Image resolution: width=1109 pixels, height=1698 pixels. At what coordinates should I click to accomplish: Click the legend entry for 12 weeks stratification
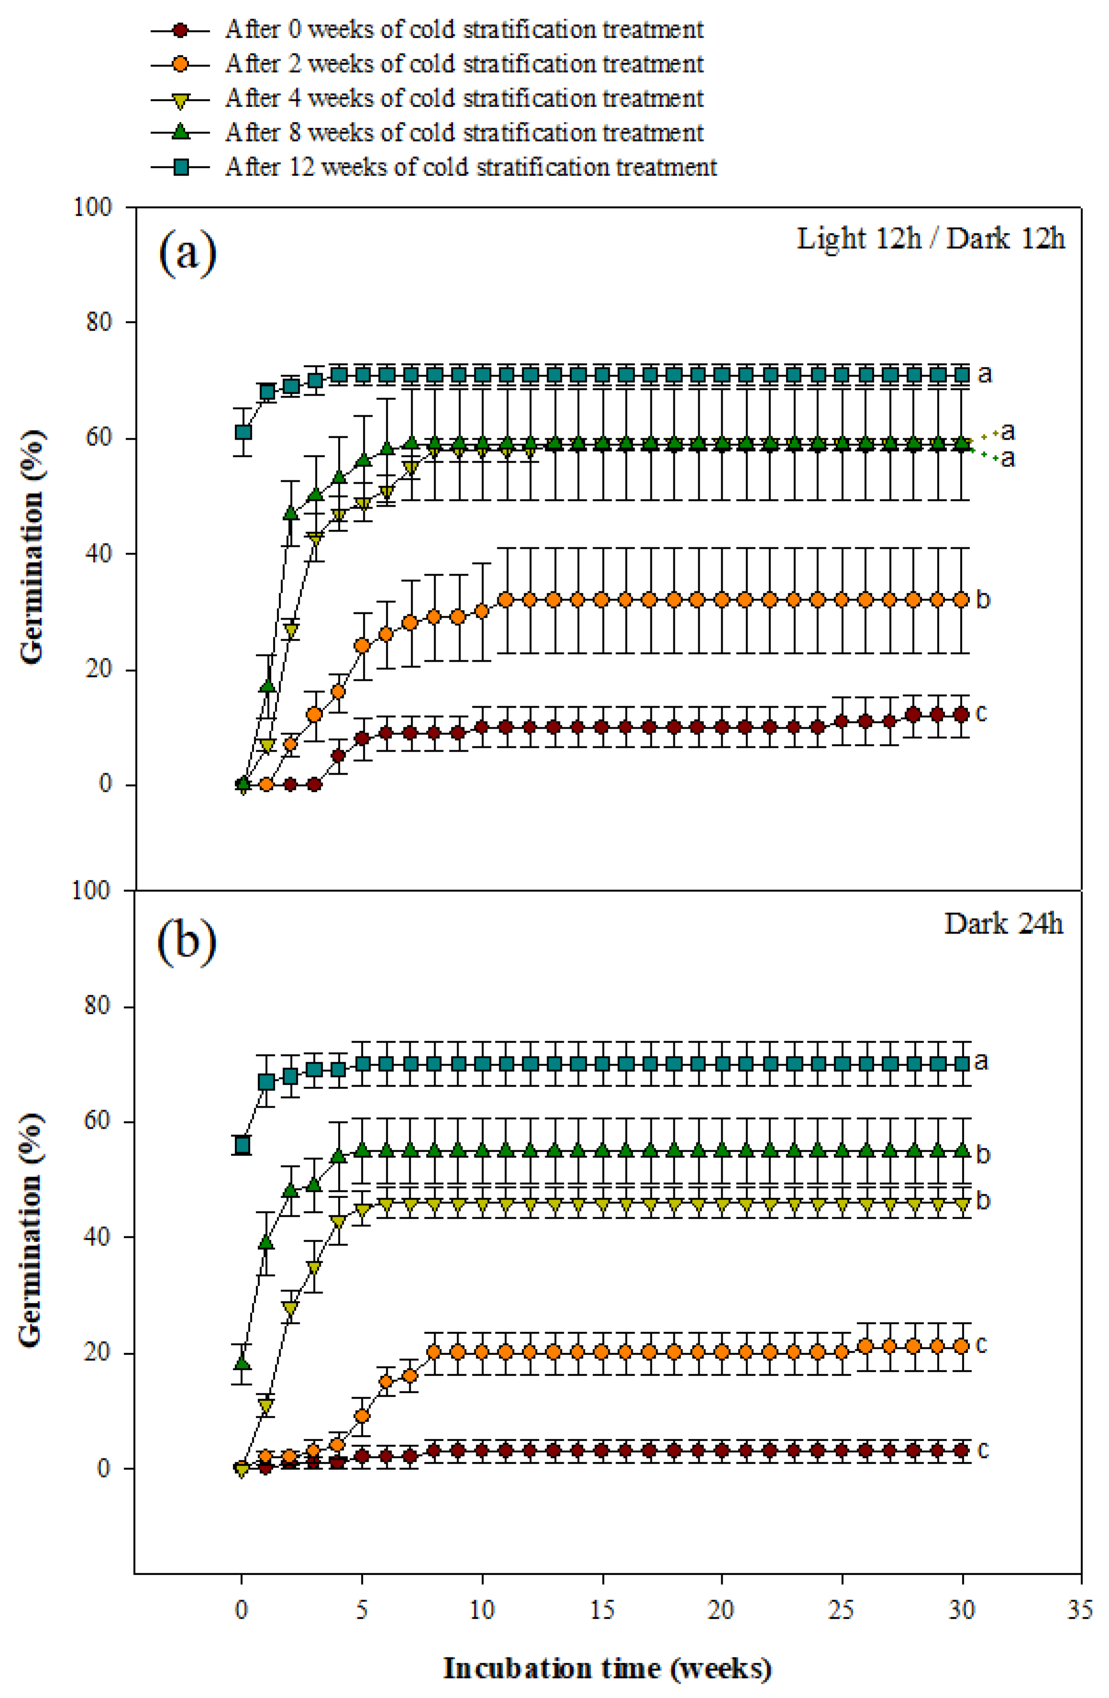pos(471,167)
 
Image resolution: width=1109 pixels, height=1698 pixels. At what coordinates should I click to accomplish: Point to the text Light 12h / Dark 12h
pos(930,238)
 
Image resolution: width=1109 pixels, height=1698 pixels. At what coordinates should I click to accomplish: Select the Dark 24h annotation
pos(1003,923)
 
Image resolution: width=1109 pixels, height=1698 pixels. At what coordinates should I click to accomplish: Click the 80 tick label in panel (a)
pos(99,322)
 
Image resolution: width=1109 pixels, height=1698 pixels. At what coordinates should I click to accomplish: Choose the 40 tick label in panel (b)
pos(99,1236)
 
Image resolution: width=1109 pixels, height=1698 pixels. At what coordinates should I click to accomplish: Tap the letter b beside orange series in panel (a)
pos(983,599)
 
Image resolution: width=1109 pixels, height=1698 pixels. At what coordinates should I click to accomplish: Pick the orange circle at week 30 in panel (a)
pos(961,599)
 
